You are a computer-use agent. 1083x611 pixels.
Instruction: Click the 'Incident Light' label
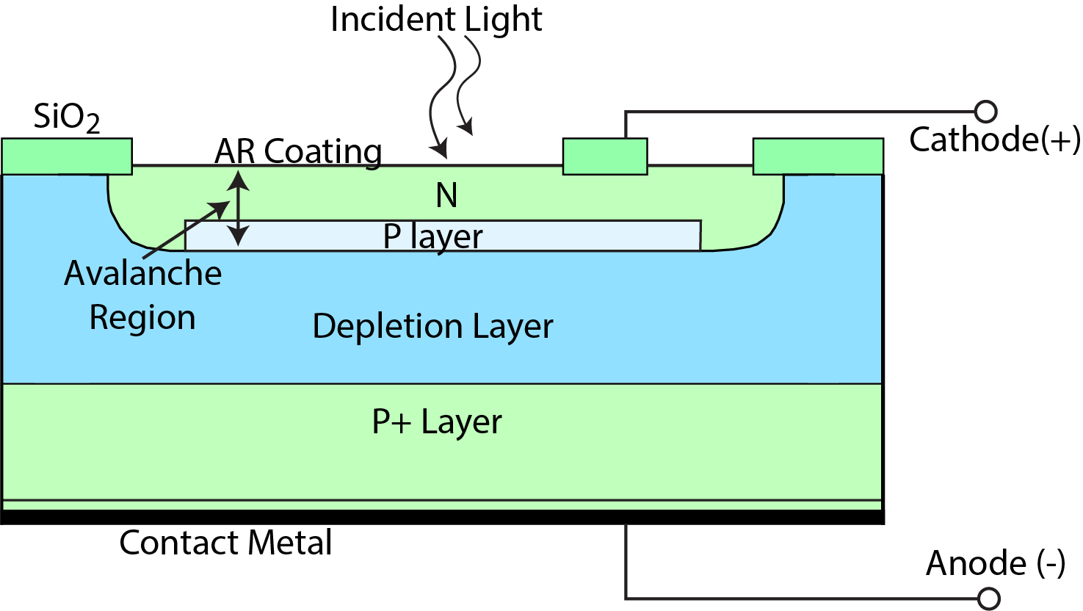(x=436, y=19)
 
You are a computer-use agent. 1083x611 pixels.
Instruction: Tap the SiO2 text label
(x=66, y=117)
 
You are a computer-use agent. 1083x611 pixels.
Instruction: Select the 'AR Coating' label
(x=298, y=152)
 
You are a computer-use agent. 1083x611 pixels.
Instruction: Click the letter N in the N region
(x=446, y=195)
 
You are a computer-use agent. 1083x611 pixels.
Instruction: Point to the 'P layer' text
(x=432, y=236)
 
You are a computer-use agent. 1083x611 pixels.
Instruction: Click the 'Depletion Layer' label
(x=432, y=326)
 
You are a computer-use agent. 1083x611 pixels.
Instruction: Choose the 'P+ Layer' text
(x=437, y=422)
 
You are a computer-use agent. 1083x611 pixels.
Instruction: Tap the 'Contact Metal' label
(x=225, y=543)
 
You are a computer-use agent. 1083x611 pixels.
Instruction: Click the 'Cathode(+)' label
(x=994, y=140)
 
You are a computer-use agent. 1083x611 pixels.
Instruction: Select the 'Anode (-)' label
(x=995, y=563)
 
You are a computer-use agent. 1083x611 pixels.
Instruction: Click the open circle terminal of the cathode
(x=986, y=112)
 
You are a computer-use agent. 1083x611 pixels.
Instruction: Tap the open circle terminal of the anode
(x=989, y=599)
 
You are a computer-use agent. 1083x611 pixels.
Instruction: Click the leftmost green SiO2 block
(x=67, y=156)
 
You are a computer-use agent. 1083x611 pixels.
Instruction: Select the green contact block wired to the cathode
(x=605, y=156)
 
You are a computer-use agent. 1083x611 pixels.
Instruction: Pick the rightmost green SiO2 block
(x=818, y=156)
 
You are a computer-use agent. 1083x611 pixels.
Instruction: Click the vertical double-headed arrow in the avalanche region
(x=238, y=208)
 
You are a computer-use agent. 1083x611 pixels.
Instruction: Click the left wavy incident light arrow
(x=440, y=95)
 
